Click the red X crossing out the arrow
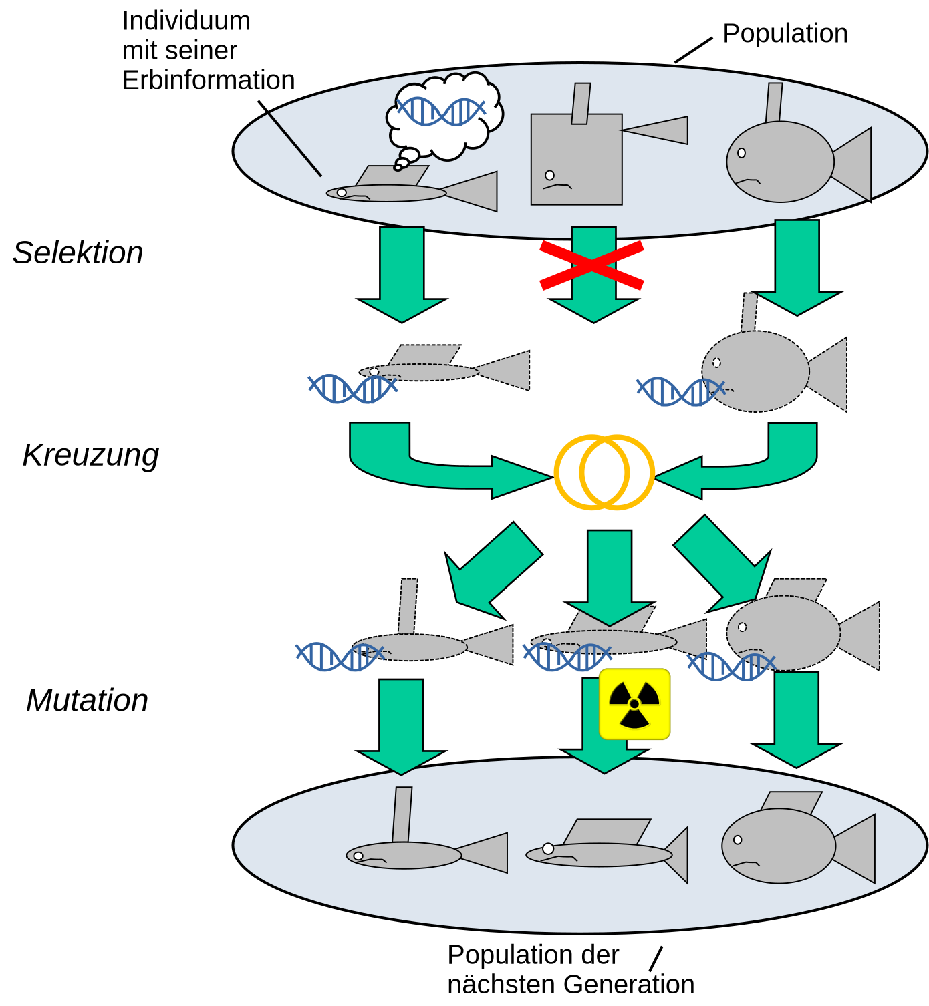coord(591,265)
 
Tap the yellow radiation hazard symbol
coord(634,704)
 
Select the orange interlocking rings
coord(604,472)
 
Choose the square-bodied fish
coord(576,160)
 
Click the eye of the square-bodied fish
coord(549,175)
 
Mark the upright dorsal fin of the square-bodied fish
coord(581,104)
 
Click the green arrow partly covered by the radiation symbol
coord(591,735)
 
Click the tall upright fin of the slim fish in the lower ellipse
coord(402,815)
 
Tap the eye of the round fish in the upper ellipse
coord(741,153)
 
